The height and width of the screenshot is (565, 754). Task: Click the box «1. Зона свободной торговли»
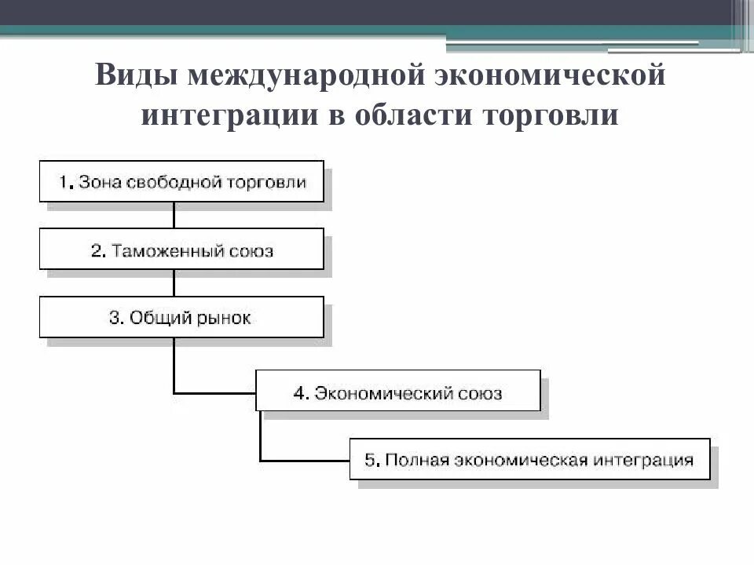181,181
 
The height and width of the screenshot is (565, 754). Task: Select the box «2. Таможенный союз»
181,250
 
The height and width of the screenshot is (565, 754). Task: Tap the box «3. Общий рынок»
181,317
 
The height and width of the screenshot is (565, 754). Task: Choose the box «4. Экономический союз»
398,391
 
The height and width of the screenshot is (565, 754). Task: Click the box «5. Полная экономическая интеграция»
529,458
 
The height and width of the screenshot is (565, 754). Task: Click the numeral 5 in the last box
370,459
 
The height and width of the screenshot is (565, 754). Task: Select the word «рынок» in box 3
227,318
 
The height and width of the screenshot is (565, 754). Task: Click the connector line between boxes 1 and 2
174,215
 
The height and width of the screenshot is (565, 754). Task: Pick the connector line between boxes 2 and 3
174,283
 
